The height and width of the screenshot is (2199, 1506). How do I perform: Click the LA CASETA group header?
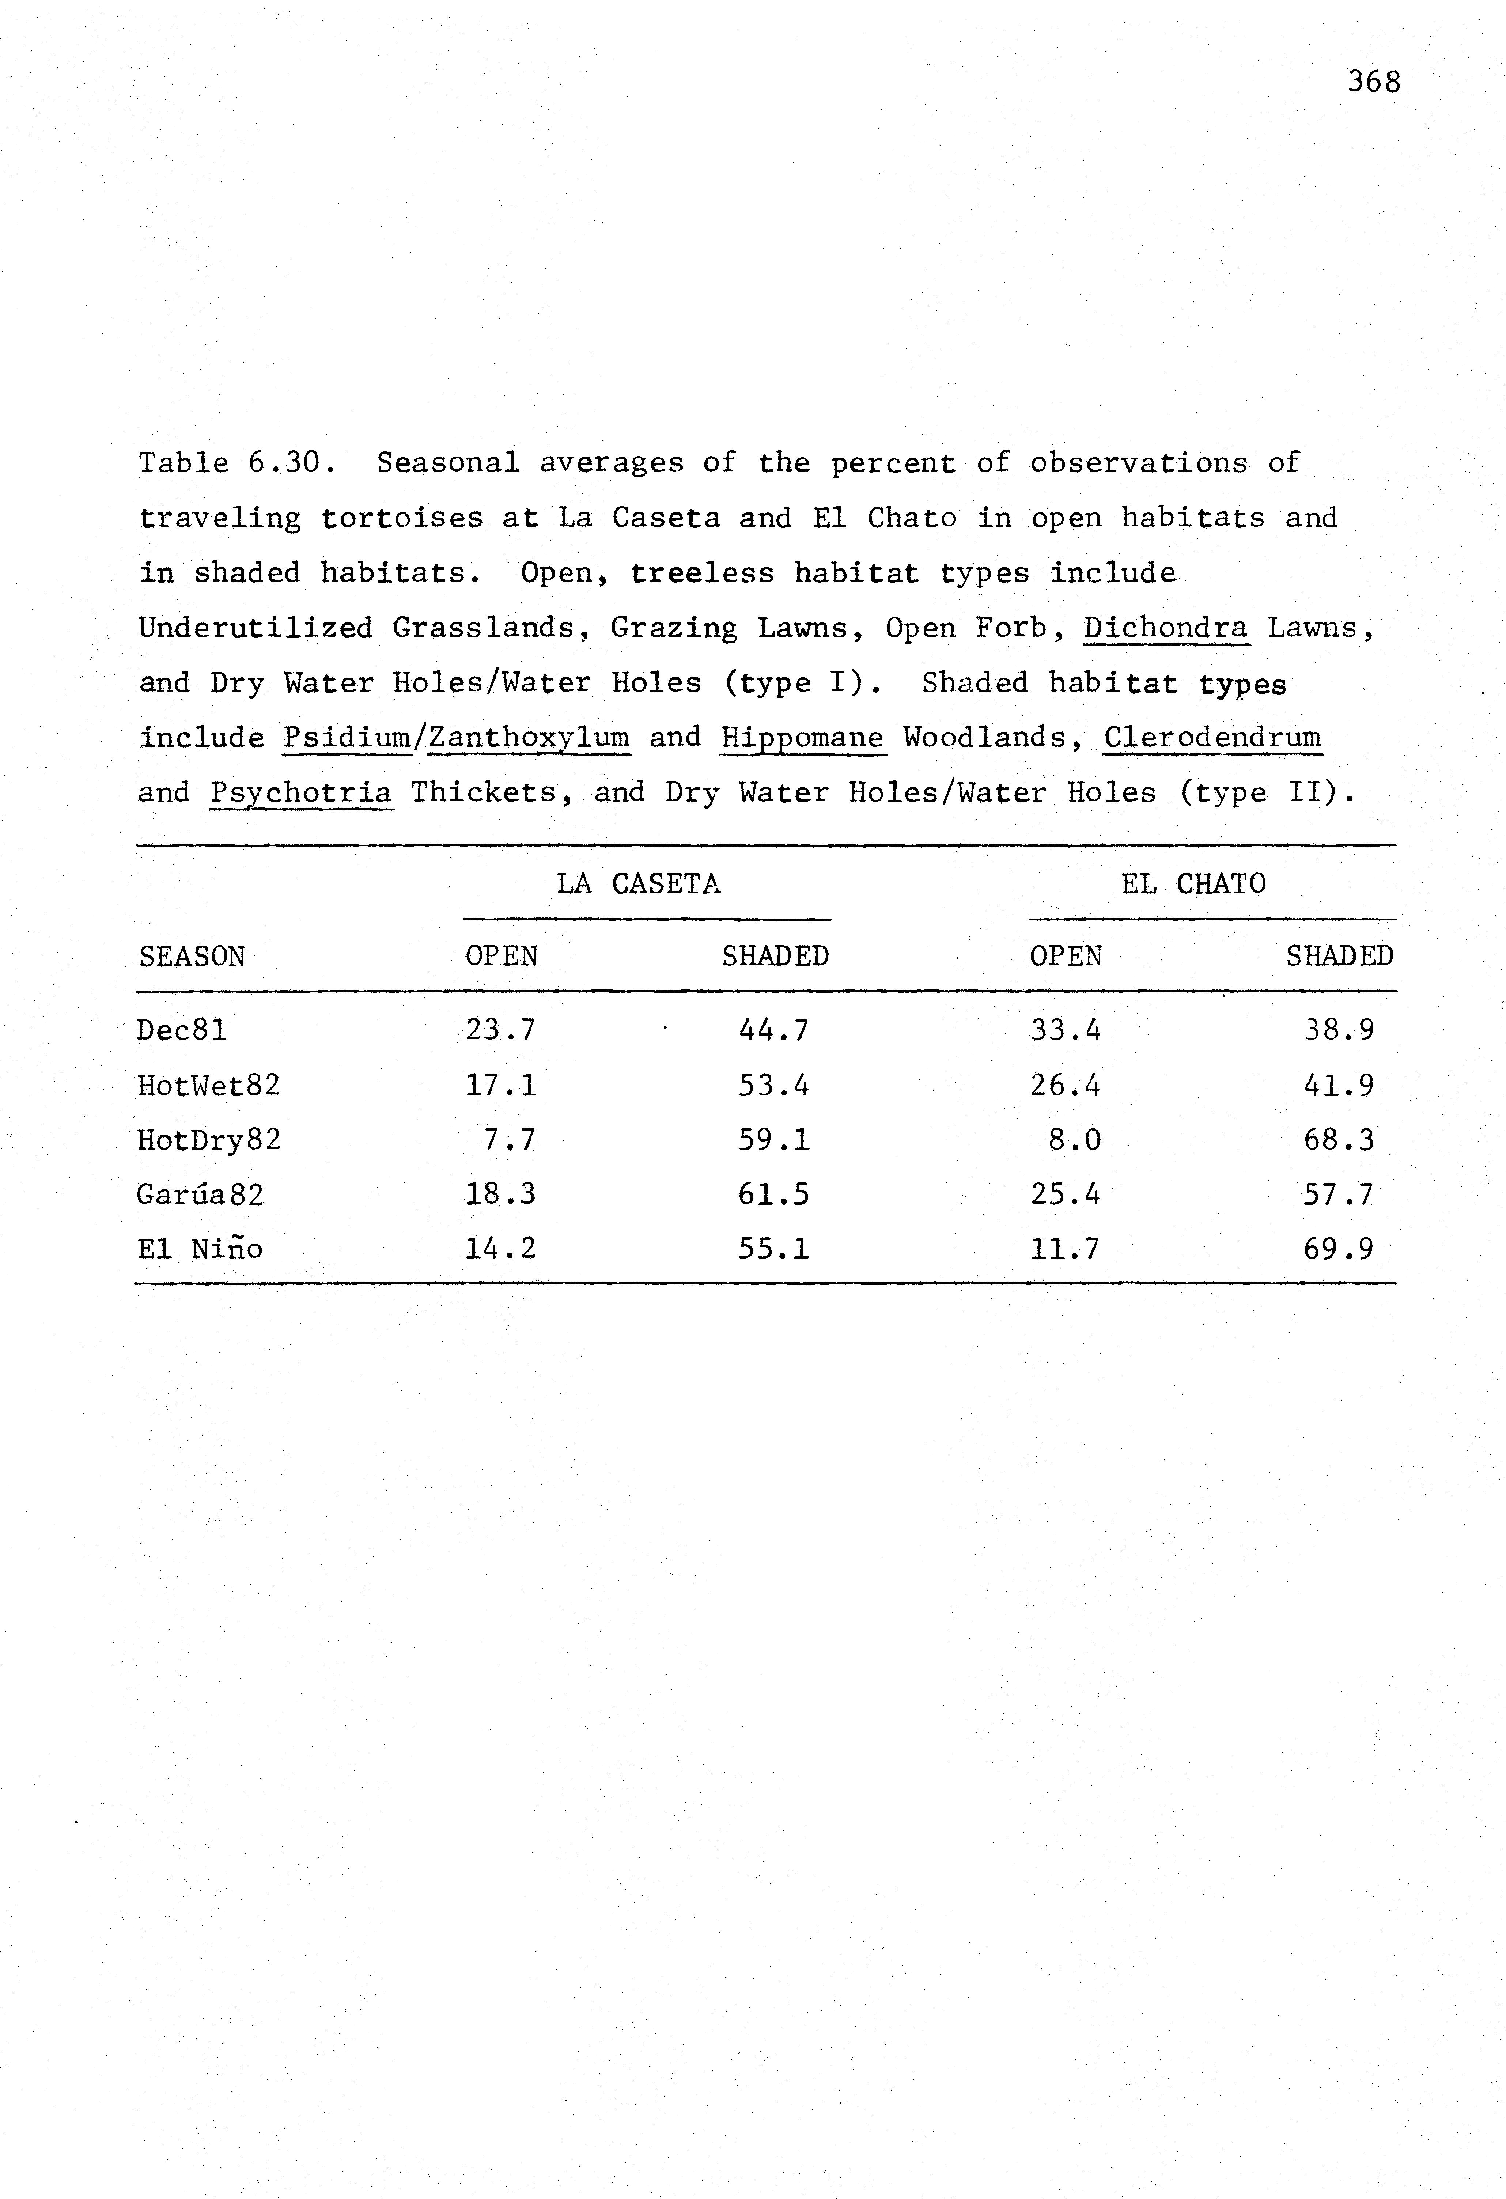point(639,884)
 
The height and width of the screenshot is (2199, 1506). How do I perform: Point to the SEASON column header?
point(192,957)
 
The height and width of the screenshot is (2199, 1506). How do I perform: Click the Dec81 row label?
point(182,1029)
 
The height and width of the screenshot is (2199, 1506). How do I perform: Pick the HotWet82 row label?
point(209,1085)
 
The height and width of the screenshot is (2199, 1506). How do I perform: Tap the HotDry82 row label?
point(209,1139)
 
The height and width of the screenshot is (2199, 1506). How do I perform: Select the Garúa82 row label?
point(200,1194)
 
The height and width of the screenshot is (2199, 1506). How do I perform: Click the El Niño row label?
point(200,1249)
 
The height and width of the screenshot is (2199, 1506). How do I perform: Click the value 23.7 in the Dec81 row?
point(500,1029)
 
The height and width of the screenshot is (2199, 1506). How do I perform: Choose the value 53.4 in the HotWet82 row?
point(774,1085)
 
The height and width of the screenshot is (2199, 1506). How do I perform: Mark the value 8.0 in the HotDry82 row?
point(1075,1139)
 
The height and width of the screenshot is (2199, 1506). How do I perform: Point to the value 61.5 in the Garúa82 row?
point(774,1194)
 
